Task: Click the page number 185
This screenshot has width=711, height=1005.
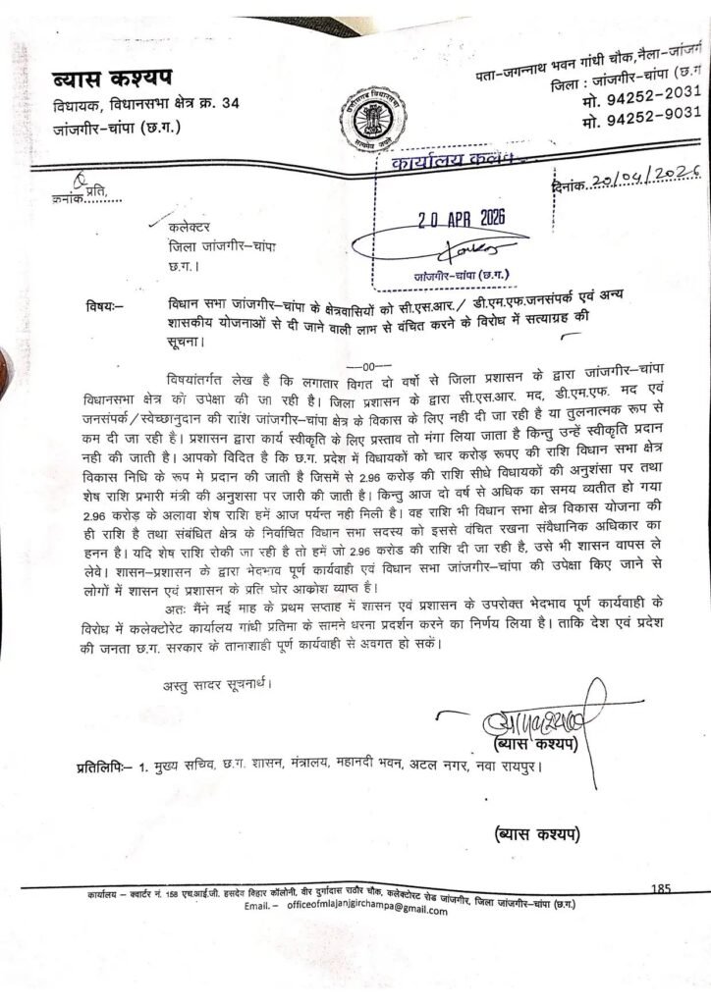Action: (x=659, y=888)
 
